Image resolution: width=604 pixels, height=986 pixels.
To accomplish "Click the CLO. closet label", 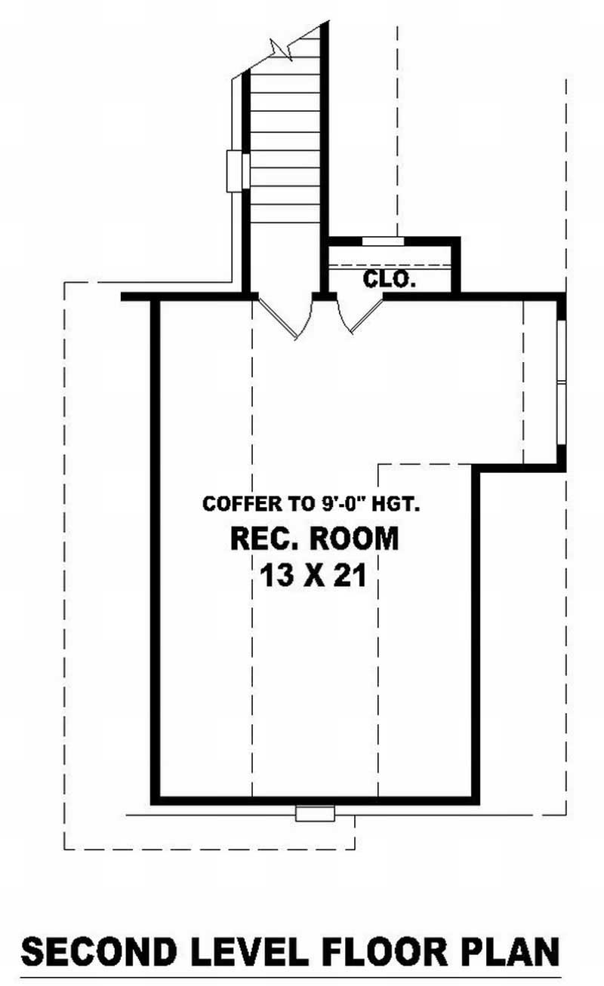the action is click(390, 279).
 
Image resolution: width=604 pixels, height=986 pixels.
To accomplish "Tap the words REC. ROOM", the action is click(315, 539).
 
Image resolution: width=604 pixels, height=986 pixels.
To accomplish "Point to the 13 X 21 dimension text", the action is click(313, 576).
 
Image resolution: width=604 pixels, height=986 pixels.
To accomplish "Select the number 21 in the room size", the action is click(350, 576).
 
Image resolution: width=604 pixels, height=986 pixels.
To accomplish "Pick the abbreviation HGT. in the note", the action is click(396, 504).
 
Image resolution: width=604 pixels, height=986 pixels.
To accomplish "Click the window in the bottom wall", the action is click(315, 814).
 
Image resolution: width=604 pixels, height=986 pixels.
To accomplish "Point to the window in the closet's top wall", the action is click(383, 241).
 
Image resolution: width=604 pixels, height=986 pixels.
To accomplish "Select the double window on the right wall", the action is click(561, 383).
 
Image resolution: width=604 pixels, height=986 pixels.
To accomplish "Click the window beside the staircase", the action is click(238, 171).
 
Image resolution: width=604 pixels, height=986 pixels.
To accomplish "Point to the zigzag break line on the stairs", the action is click(282, 49).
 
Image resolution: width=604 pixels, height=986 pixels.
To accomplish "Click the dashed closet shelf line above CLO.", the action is click(390, 266).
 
